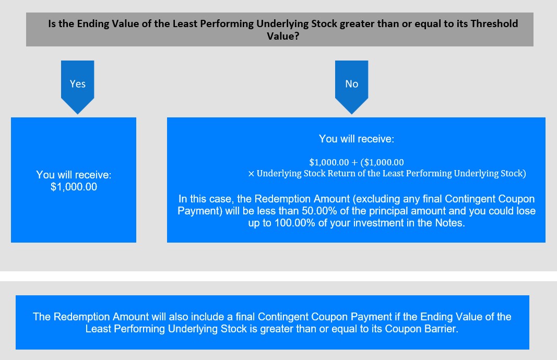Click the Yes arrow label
[77, 84]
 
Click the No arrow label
[352, 84]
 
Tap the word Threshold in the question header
[494, 24]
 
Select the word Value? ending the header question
[283, 36]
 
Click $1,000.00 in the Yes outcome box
[74, 187]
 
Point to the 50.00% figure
[319, 211]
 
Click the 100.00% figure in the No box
[295, 223]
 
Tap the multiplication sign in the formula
[251, 174]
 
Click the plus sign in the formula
[354, 163]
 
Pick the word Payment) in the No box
[200, 211]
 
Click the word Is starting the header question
[52, 24]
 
